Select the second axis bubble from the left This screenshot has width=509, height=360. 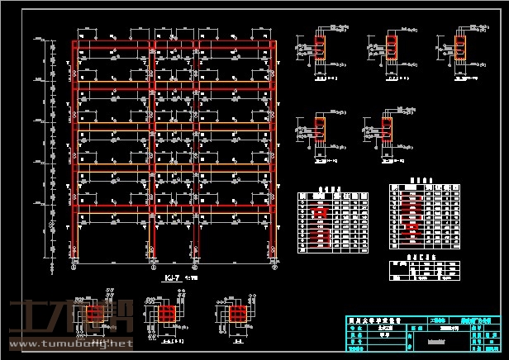point(150,267)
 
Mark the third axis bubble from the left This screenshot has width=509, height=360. point(195,267)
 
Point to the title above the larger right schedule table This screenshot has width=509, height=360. point(425,178)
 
